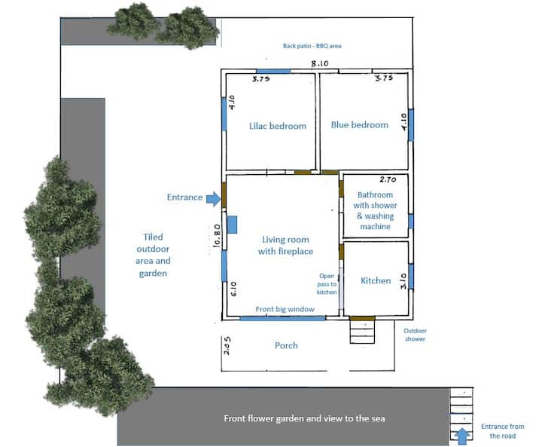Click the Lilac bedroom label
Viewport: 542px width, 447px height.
click(x=278, y=126)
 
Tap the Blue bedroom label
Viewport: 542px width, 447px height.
click(x=360, y=124)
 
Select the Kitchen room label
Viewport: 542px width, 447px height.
click(x=376, y=280)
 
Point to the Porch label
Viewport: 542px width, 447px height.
click(x=286, y=345)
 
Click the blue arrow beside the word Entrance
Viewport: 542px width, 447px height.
click(x=213, y=199)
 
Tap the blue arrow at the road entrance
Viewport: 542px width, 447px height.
click(x=462, y=436)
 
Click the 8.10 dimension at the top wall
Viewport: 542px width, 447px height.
click(x=320, y=63)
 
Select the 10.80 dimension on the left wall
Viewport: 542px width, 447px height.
click(x=217, y=235)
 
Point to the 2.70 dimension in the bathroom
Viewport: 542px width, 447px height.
click(x=388, y=179)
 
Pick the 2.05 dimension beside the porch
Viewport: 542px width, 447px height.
click(x=227, y=345)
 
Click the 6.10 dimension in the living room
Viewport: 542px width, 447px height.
click(x=233, y=289)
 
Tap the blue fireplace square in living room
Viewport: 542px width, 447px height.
click(x=233, y=225)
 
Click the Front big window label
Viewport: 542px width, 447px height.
click(x=285, y=309)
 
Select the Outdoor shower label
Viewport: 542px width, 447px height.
click(x=415, y=335)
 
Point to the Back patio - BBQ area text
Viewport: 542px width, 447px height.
click(x=312, y=46)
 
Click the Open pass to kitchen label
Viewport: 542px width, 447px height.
click(x=327, y=284)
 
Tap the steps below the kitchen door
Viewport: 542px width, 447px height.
click(x=362, y=332)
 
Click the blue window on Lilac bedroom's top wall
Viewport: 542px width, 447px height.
click(x=273, y=72)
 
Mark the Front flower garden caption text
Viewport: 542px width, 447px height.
click(x=304, y=418)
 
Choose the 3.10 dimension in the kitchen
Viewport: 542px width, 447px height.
click(x=403, y=281)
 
